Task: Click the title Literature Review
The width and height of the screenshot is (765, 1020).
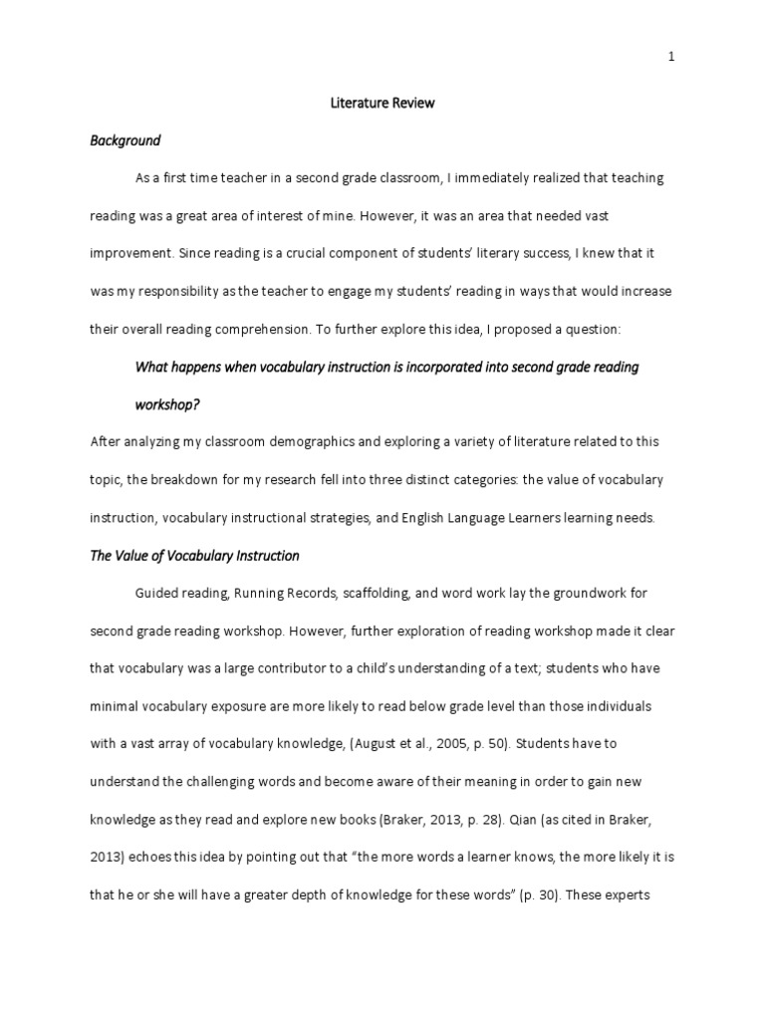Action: pyautogui.click(x=382, y=104)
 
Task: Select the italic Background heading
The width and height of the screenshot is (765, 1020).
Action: pyautogui.click(x=126, y=141)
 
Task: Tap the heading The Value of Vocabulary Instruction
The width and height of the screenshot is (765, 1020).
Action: pyautogui.click(x=194, y=556)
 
